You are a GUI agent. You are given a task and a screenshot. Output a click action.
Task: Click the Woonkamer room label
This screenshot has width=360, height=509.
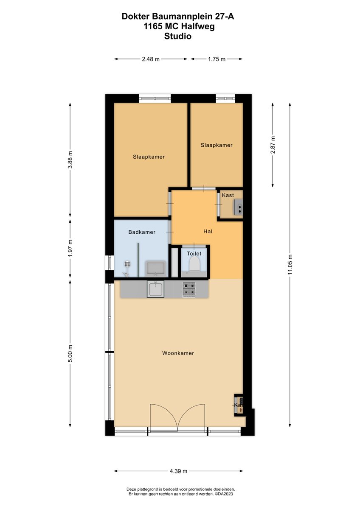coord(178,353)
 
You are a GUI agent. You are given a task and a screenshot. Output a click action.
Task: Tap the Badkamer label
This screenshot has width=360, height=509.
coord(142,232)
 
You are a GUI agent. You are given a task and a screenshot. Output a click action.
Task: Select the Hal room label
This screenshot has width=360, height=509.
coord(208,232)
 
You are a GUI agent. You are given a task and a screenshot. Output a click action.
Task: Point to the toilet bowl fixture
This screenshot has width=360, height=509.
coord(194,264)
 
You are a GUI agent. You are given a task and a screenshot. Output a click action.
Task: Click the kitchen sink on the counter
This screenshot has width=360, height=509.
coord(155,290)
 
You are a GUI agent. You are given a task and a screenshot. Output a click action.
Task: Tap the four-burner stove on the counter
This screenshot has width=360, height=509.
coord(189,289)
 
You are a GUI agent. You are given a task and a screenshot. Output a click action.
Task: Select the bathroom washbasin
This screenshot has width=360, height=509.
coord(156,268)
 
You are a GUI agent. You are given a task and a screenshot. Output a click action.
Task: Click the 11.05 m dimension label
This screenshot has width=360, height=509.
coord(290,265)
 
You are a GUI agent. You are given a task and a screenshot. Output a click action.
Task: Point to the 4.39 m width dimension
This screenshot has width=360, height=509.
coord(178,471)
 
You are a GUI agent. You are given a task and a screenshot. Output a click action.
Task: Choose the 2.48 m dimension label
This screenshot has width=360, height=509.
coord(151,59)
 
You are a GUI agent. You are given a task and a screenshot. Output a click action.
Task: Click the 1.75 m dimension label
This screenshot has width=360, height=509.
coord(217,59)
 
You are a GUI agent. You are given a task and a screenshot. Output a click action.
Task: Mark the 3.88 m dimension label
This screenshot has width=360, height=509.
coord(70,160)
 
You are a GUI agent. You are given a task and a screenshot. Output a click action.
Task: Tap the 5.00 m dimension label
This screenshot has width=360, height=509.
coord(70,353)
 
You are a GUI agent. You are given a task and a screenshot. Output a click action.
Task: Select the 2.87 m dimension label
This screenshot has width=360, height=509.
coord(273,145)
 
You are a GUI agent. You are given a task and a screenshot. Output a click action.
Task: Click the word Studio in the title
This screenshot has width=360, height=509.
coord(178,36)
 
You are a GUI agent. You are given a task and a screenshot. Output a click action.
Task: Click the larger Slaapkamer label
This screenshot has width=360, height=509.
coord(149,157)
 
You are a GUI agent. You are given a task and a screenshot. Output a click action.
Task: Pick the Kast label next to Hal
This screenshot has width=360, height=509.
coord(228,195)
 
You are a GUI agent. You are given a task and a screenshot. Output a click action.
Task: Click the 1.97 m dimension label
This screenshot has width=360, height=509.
coord(70,248)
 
